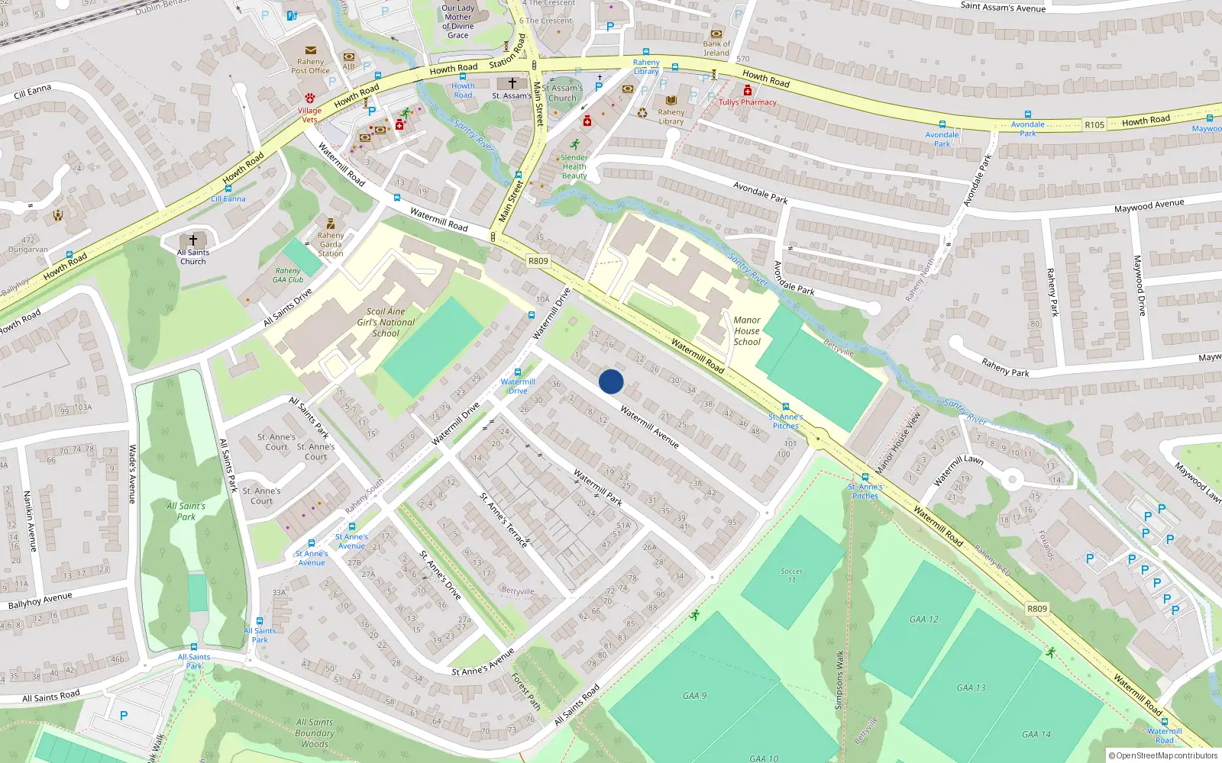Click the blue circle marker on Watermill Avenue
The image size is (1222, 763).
point(611,381)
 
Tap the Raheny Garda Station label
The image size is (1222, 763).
point(331,244)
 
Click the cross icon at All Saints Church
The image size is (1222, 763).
point(193,240)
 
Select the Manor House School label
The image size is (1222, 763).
point(747,331)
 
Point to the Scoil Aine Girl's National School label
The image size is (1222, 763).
point(386,322)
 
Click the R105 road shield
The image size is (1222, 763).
point(1094,124)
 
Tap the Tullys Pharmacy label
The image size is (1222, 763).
point(748,102)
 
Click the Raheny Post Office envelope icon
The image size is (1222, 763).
point(311,50)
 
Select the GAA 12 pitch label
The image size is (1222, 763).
point(924,620)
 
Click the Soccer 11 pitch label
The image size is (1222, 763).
point(792,575)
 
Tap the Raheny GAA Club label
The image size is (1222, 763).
point(288,275)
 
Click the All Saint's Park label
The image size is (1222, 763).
point(186,511)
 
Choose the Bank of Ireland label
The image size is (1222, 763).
point(716,48)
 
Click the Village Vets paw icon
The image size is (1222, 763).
point(310,99)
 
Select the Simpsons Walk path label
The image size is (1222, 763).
point(839,679)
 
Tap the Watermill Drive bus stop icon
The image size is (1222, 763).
point(518,372)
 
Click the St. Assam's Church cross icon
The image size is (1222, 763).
point(512,83)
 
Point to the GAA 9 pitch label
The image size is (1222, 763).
point(694,696)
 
